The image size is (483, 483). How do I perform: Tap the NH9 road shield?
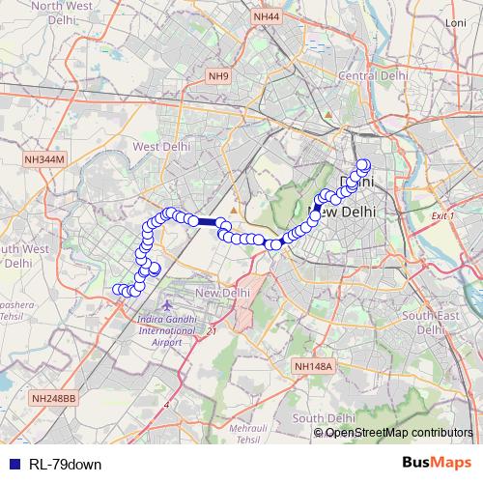218,75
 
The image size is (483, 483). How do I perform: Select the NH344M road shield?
43,159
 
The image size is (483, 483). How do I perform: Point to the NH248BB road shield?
52,398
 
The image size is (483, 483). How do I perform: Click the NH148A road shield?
313,367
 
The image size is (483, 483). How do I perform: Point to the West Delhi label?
158,146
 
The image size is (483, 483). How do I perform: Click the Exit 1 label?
442,215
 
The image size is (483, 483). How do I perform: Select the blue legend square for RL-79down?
11,464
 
